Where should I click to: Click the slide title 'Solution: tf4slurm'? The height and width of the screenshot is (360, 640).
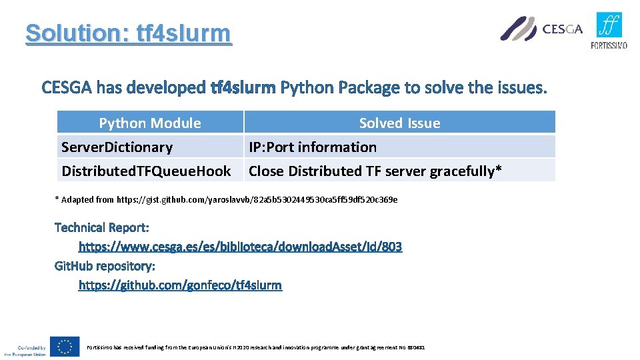click(x=128, y=33)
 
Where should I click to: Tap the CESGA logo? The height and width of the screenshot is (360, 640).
click(x=541, y=29)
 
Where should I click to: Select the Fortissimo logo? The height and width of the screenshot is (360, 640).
click(x=609, y=31)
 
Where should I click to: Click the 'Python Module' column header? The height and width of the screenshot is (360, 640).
click(x=150, y=123)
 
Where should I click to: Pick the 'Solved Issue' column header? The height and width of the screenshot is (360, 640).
click(x=399, y=123)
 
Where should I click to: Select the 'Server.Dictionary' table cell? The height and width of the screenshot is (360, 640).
click(x=117, y=147)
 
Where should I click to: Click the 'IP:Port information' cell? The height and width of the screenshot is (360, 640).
click(x=313, y=147)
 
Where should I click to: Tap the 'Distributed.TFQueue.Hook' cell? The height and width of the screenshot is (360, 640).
click(x=146, y=171)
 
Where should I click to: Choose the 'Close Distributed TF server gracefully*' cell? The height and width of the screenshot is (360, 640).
click(x=375, y=171)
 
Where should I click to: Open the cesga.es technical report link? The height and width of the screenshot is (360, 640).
click(x=240, y=247)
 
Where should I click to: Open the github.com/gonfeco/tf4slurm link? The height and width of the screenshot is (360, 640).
click(x=180, y=285)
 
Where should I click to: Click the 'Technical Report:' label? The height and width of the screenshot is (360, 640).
click(x=101, y=227)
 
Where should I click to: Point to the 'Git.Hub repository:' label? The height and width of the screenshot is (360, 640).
click(x=105, y=266)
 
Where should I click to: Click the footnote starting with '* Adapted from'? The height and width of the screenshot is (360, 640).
click(x=226, y=199)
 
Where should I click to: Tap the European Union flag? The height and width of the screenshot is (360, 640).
click(x=65, y=347)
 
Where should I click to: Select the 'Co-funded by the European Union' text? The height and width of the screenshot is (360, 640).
click(x=27, y=351)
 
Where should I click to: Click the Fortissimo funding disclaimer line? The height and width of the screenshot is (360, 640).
click(x=255, y=347)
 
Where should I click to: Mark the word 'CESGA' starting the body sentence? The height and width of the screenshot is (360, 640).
click(x=67, y=87)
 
